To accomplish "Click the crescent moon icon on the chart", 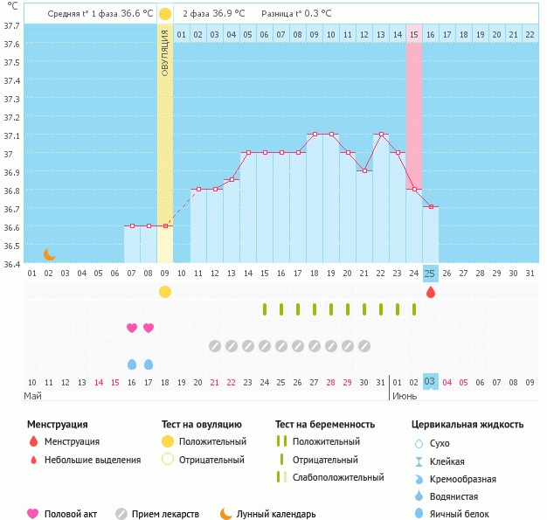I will (50, 254).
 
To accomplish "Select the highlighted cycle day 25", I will (430, 274).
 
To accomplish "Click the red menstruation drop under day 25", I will (430, 292).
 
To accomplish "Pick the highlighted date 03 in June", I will (430, 382).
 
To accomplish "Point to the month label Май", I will (32, 396).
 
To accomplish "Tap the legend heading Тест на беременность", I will (325, 425).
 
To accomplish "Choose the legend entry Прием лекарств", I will (165, 514).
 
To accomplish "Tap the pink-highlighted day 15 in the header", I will (414, 34).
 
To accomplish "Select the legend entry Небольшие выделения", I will (92, 460).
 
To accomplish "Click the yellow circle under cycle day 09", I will (165, 292).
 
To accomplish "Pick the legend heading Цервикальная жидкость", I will (467, 425).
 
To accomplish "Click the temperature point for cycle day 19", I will (331, 135).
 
